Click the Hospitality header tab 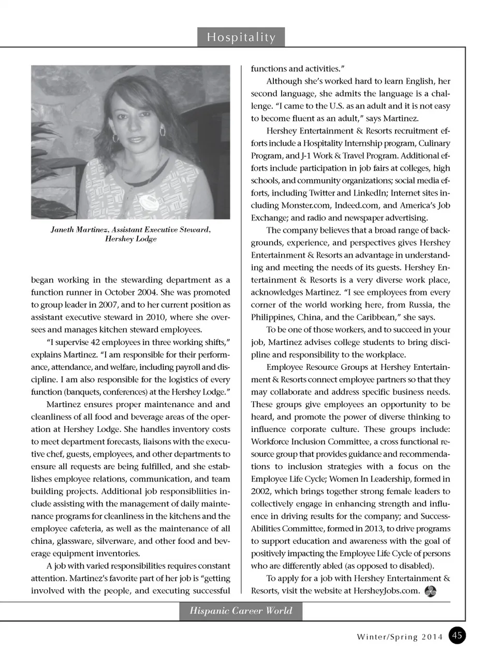(241, 37)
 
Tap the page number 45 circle (457, 635)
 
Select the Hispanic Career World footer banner (241, 611)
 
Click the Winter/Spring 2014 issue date (400, 637)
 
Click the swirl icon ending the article (430, 591)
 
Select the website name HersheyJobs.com (386, 591)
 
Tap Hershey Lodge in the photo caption (130, 239)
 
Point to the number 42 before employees (95, 342)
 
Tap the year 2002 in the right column (261, 491)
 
